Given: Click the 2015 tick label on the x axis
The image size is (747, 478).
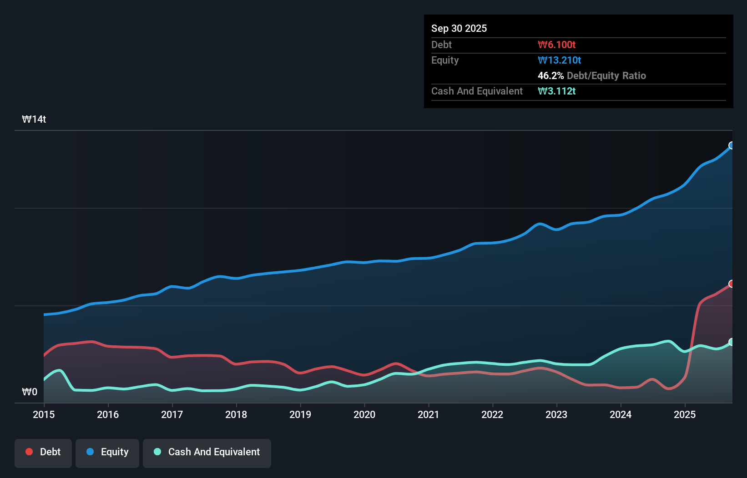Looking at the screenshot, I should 44,414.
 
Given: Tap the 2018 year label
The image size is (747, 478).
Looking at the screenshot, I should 236,414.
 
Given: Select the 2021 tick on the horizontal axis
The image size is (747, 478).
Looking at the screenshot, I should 428,414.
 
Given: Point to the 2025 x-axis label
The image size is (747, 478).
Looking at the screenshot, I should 685,414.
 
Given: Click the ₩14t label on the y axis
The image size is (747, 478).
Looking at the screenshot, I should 34,119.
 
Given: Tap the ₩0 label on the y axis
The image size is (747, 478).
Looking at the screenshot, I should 30,392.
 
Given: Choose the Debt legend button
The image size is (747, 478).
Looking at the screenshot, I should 43,452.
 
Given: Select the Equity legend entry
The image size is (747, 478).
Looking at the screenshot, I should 107,452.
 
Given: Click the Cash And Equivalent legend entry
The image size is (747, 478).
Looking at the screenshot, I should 207,452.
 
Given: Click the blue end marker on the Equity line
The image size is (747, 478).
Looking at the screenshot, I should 732,145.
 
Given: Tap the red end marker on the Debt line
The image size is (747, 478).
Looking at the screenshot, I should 732,284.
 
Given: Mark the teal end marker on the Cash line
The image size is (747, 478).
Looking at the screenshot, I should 732,342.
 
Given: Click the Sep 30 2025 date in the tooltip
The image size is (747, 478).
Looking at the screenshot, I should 459,28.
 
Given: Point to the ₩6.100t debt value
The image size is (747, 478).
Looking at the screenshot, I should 556,45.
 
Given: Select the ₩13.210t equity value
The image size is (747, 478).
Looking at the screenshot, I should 559,60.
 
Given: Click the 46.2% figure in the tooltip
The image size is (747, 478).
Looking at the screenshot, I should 550,75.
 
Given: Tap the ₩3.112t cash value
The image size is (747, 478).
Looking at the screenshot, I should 556,91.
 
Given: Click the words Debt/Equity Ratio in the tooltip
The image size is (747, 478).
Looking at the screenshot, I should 606,75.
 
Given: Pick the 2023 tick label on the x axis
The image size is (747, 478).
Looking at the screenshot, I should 556,414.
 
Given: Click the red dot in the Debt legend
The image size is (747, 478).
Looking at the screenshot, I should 29,452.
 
